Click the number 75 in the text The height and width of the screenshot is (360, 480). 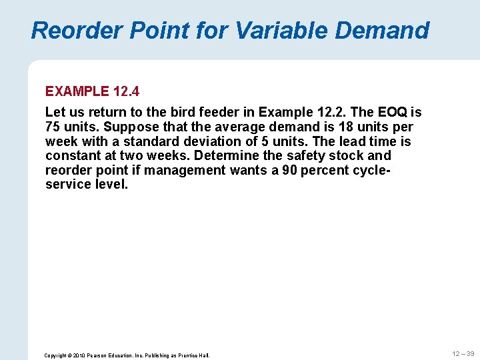click(x=53, y=127)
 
